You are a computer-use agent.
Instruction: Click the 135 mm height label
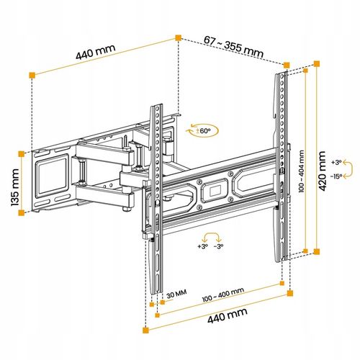pyautogui.click(x=15, y=187)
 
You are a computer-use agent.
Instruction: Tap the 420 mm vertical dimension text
pyautogui.click(x=322, y=171)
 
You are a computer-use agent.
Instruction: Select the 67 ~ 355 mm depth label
pyautogui.click(x=233, y=47)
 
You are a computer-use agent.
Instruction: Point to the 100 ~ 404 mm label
pyautogui.click(x=302, y=171)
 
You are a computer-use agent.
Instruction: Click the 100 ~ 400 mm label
pyautogui.click(x=223, y=295)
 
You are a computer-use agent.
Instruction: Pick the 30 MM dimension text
pyautogui.click(x=176, y=294)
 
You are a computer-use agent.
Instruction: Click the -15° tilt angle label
pyautogui.click(x=336, y=176)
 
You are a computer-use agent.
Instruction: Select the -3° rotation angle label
pyautogui.click(x=218, y=246)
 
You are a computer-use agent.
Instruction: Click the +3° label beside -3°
pyautogui.click(x=202, y=246)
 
